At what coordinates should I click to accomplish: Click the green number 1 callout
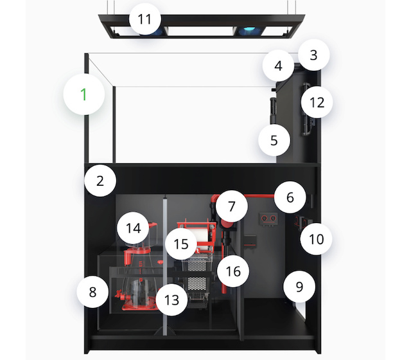point(84,94)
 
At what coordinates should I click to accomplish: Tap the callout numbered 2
point(100,181)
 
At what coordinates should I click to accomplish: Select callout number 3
point(313,55)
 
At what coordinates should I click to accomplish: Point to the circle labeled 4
point(278,66)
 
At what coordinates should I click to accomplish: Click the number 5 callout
point(274,140)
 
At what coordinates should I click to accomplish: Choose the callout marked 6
point(290,197)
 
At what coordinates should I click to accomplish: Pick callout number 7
point(232,206)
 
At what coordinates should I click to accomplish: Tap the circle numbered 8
point(92,292)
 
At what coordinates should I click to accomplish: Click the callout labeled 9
point(299,287)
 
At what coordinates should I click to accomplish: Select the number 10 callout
point(316,239)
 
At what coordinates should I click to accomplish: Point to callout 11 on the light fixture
point(144,19)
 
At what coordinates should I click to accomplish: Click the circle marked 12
point(317,102)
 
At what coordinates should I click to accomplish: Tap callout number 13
point(171,300)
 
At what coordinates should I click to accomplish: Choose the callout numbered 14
point(133,228)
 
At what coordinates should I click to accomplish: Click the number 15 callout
point(181,244)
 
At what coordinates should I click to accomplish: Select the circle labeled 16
point(233,271)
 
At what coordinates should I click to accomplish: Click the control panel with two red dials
point(268,219)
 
